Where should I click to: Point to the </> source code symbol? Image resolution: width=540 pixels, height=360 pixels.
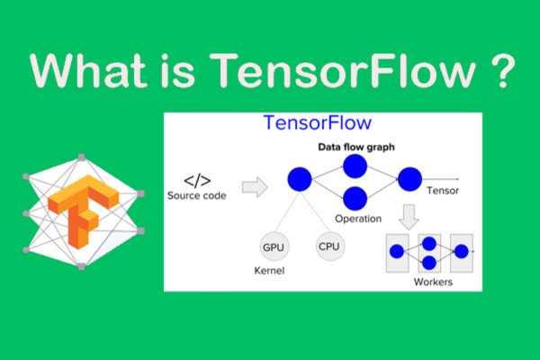pos(198,178)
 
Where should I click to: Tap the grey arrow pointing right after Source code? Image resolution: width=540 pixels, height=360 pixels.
pos(256,187)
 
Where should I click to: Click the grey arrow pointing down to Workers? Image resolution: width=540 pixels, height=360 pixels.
pos(409,217)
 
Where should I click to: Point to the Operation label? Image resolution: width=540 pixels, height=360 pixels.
pos(357,218)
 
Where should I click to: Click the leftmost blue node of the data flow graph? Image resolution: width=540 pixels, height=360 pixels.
pos(299,180)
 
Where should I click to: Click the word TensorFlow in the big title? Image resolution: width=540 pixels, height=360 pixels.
pos(341,70)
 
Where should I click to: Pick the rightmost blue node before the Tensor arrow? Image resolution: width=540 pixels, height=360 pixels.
pos(409,178)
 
